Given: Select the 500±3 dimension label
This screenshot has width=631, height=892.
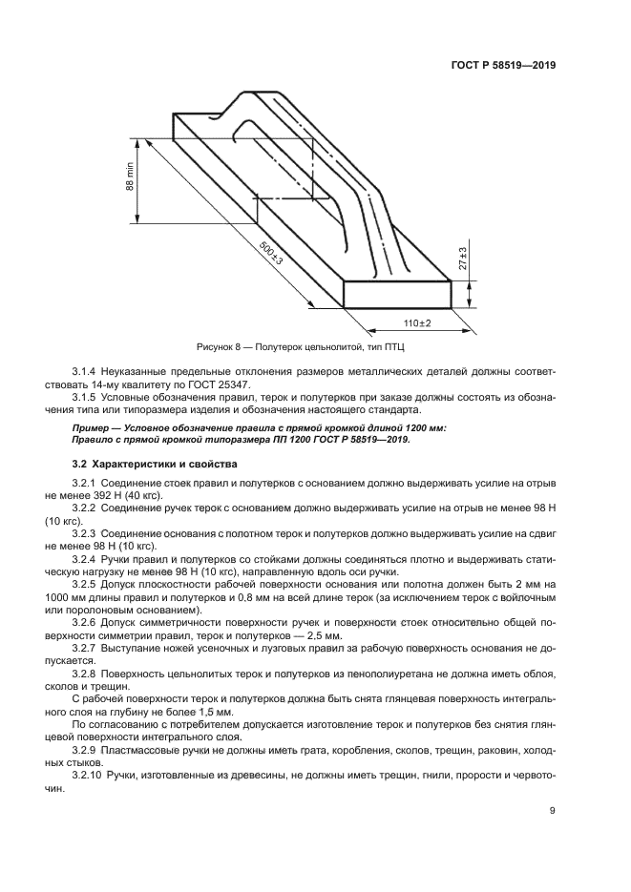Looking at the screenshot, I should (x=272, y=255).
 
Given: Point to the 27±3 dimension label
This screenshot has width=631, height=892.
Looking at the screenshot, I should (x=462, y=259).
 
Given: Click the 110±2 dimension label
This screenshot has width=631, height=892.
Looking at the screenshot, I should (x=417, y=323).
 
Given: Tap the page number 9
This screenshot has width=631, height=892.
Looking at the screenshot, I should (x=553, y=811).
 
